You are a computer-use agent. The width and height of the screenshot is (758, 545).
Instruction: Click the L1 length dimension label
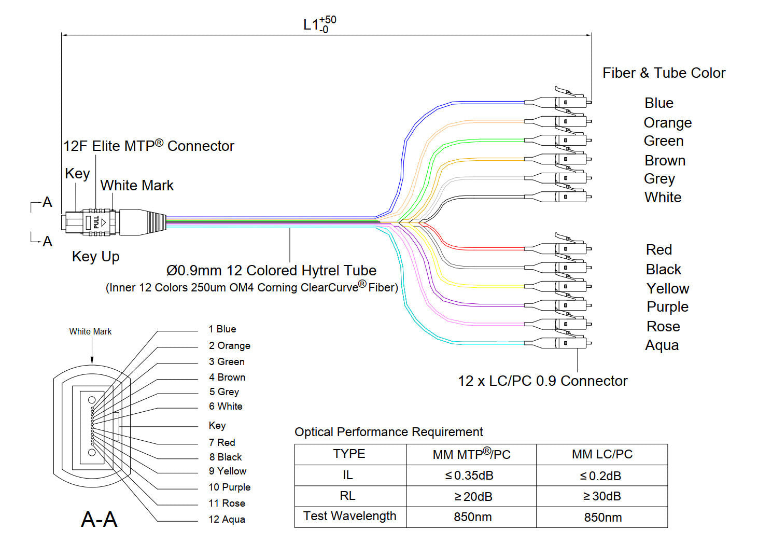(319, 24)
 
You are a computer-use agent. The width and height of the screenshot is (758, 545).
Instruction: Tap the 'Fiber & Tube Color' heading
(664, 73)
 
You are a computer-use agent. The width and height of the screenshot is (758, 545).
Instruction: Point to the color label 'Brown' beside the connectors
(665, 161)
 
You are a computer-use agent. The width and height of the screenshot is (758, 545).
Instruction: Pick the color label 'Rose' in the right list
(663, 327)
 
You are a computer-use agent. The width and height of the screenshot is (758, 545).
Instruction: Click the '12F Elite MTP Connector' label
(149, 146)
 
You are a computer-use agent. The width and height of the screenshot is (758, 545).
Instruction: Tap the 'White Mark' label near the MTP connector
(137, 186)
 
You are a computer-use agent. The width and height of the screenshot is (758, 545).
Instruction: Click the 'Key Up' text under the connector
(96, 257)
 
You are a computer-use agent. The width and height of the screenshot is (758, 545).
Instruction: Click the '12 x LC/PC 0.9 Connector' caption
(542, 381)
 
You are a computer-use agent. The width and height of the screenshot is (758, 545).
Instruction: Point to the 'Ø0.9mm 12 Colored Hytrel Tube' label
(271, 271)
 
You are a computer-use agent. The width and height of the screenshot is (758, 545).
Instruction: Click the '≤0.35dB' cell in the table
(469, 476)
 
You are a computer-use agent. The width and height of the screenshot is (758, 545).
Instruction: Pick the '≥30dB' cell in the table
(602, 496)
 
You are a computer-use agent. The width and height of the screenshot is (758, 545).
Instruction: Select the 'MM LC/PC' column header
(602, 454)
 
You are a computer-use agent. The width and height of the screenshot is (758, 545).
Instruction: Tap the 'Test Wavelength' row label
(350, 516)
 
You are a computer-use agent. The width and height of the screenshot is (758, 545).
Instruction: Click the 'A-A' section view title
(99, 519)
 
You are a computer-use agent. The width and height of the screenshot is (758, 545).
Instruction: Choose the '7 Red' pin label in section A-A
(222, 443)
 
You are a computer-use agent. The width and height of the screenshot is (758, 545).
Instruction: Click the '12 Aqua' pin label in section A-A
(227, 520)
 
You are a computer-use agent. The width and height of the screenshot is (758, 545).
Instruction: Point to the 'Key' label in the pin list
(217, 426)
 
